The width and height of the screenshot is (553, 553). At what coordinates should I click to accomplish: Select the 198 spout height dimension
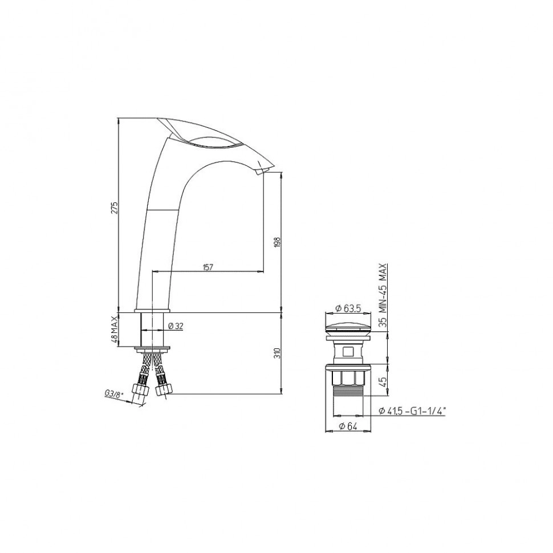pyautogui.click(x=278, y=242)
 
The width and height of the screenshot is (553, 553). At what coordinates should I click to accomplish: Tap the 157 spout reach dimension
pyautogui.click(x=208, y=267)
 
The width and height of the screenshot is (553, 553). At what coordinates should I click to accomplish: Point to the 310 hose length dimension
pyautogui.click(x=278, y=353)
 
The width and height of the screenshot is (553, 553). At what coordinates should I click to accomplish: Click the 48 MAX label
pyautogui.click(x=114, y=330)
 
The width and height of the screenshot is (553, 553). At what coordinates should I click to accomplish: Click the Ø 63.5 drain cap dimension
pyautogui.click(x=348, y=308)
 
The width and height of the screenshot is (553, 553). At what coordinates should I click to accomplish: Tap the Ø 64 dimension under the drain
pyautogui.click(x=348, y=426)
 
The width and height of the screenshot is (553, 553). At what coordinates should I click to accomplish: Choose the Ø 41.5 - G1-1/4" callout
pyautogui.click(x=412, y=411)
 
